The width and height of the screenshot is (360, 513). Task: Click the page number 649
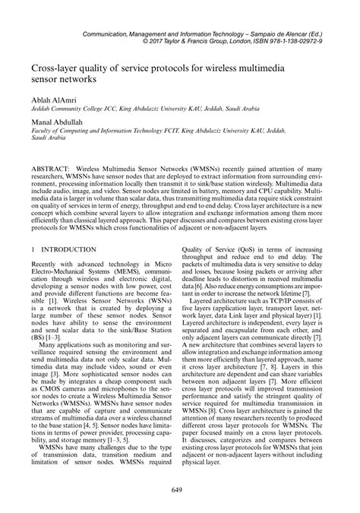[x=179, y=488]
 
